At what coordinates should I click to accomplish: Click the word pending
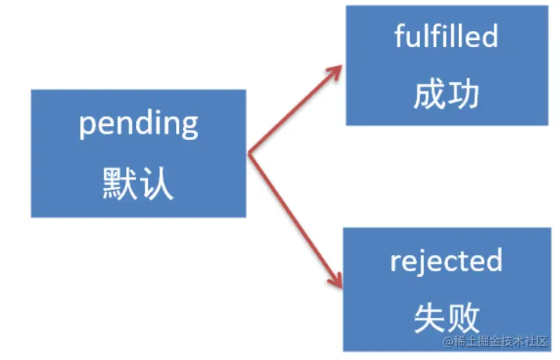[138, 124]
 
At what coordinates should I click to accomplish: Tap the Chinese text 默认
[138, 185]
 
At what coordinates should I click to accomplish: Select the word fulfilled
[447, 37]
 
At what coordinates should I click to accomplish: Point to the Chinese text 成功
[447, 95]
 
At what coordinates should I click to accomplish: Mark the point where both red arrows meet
[249, 154]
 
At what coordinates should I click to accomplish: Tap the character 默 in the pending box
[119, 185]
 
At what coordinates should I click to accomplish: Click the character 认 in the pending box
[158, 185]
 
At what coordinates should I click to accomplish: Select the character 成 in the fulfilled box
[429, 95]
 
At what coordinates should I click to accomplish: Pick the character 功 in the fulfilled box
[465, 95]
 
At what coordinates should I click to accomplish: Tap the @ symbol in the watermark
[447, 341]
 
